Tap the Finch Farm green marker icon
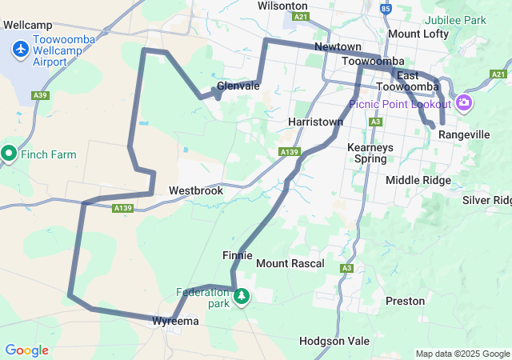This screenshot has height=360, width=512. [10, 153]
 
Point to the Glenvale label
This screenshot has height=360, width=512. [238, 86]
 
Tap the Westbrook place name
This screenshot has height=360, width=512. [196, 192]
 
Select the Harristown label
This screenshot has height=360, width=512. [315, 122]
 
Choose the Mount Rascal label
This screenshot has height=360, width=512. [290, 263]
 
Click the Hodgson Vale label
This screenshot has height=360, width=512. [334, 341]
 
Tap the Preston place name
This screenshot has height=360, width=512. [399, 302]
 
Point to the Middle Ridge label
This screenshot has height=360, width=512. [418, 180]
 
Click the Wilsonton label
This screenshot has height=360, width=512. [282, 6]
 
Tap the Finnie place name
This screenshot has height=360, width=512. [238, 255]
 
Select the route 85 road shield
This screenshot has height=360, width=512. [386, 10]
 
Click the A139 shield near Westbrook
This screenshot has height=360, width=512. [122, 209]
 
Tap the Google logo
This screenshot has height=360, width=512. [26, 350]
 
